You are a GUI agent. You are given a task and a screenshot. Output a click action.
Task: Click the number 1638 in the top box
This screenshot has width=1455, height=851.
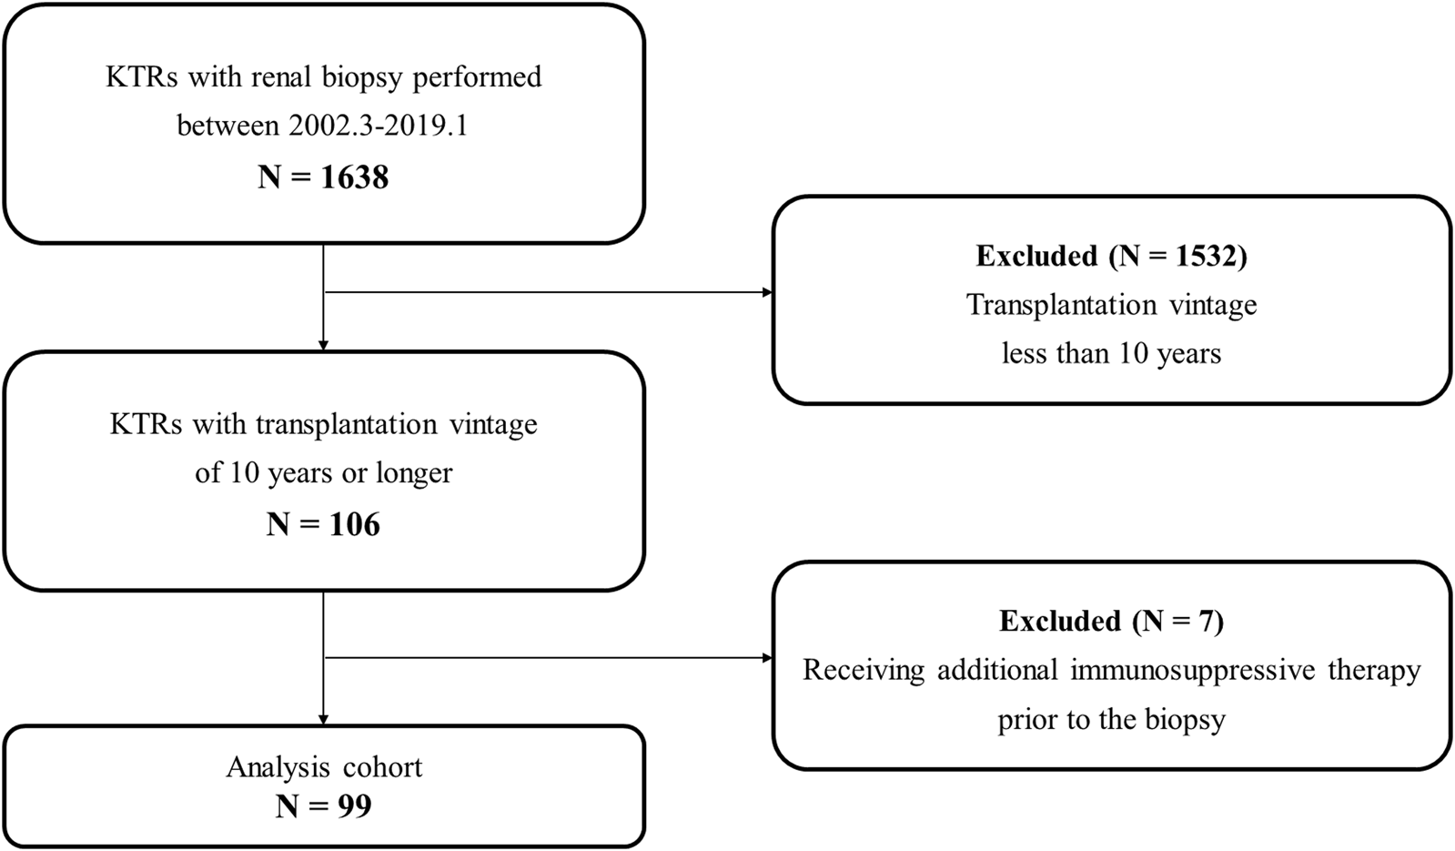[354, 177]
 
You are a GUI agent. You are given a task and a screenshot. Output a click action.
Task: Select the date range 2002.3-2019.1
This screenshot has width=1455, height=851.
[378, 126]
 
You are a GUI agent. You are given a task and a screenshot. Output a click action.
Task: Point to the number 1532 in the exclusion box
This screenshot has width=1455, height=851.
[1203, 256]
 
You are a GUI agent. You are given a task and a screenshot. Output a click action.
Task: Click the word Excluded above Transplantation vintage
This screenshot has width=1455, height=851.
[1036, 256]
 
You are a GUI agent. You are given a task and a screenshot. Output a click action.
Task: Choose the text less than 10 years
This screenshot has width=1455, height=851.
[1111, 353]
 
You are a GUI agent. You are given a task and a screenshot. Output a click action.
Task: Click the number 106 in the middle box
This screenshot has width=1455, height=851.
[355, 525]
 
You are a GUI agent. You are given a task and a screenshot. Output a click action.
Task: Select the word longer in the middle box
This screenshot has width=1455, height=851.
[414, 473]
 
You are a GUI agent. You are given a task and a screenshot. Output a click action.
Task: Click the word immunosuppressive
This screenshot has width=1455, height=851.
[1193, 671]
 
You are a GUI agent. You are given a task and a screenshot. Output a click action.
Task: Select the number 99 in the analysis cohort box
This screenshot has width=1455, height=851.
[355, 806]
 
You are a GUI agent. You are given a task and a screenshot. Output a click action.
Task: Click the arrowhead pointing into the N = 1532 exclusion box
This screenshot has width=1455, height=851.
[767, 292]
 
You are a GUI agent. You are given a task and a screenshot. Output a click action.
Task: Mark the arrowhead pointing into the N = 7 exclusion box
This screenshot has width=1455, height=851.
[767, 658]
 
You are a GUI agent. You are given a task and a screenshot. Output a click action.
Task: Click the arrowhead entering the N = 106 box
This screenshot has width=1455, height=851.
[323, 346]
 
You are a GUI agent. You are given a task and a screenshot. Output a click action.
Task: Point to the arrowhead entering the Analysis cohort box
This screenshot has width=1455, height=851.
[323, 719]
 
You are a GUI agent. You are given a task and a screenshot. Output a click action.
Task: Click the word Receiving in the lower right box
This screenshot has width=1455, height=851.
[864, 671]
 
